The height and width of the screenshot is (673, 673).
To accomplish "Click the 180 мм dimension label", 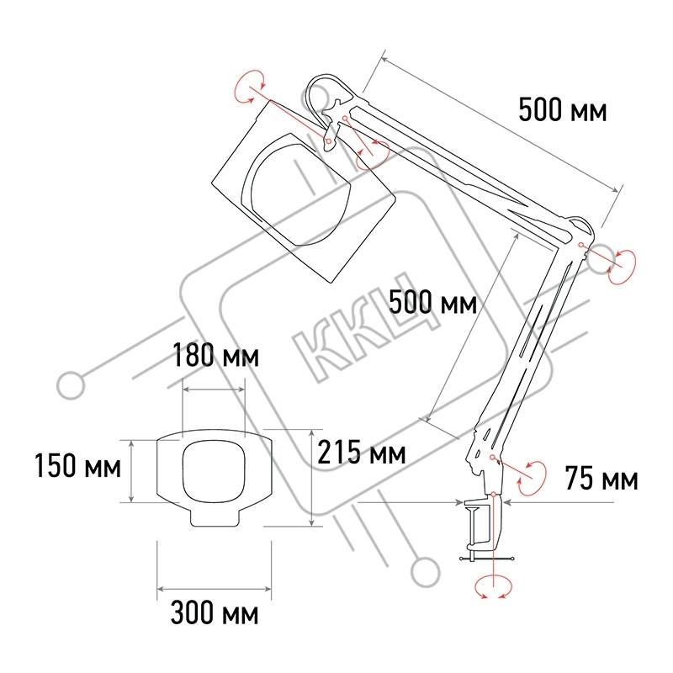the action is [216, 355].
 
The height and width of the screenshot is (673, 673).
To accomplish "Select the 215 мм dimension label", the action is [362, 452].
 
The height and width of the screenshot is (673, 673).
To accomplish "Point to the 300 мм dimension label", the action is [215, 612].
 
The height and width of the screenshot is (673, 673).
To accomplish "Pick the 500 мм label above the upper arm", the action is [563, 109].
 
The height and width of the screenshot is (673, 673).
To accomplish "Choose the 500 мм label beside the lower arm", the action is [432, 302].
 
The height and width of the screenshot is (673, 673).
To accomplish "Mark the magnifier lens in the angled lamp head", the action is [296, 195].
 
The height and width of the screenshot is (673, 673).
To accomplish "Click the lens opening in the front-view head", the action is [215, 471].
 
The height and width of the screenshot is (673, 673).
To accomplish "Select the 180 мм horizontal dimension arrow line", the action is [214, 389].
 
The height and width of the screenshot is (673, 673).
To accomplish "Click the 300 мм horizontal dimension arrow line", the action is [215, 589].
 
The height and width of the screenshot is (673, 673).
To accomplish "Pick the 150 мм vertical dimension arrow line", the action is [132, 471].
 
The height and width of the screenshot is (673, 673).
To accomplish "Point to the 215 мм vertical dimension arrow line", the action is [311, 477].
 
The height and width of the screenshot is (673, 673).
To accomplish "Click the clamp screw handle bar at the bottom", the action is [487, 559].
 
